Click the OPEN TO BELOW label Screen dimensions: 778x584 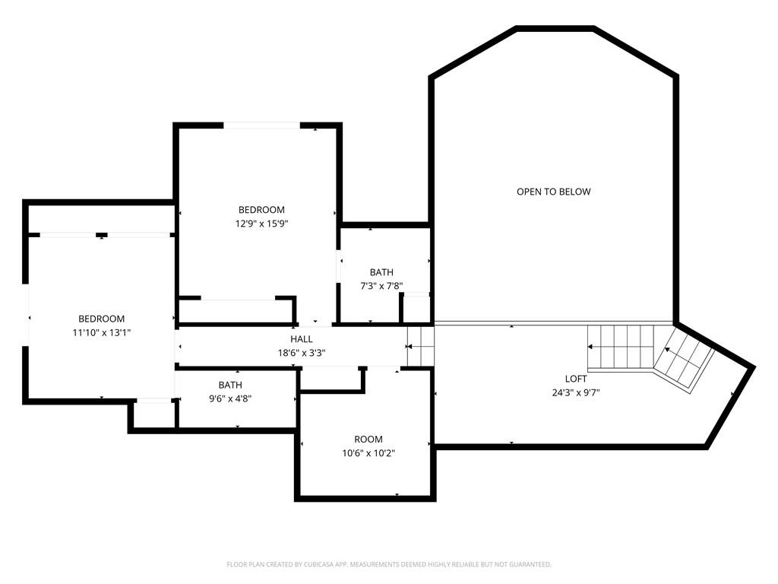click(553, 192)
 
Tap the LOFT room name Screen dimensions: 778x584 click(576, 379)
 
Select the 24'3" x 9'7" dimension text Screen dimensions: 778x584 click(576, 393)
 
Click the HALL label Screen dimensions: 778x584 click(301, 339)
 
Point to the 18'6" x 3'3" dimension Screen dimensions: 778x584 click(301, 353)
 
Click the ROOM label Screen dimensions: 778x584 click(368, 440)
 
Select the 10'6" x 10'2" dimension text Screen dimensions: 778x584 click(368, 453)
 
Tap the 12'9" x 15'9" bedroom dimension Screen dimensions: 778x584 click(261, 224)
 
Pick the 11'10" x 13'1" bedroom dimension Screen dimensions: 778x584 click(101, 333)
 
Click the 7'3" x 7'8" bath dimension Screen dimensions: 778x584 click(381, 286)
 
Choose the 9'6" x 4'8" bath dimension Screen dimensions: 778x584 click(230, 398)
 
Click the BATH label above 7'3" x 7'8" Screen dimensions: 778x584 click(381, 272)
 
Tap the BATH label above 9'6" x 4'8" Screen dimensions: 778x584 click(230, 385)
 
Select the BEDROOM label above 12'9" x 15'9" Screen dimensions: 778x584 click(261, 210)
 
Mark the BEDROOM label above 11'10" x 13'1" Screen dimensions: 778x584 click(101, 319)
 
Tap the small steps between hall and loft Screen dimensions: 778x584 click(420, 346)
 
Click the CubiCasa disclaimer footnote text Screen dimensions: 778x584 click(389, 565)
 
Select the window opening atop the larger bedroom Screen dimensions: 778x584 click(261, 125)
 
